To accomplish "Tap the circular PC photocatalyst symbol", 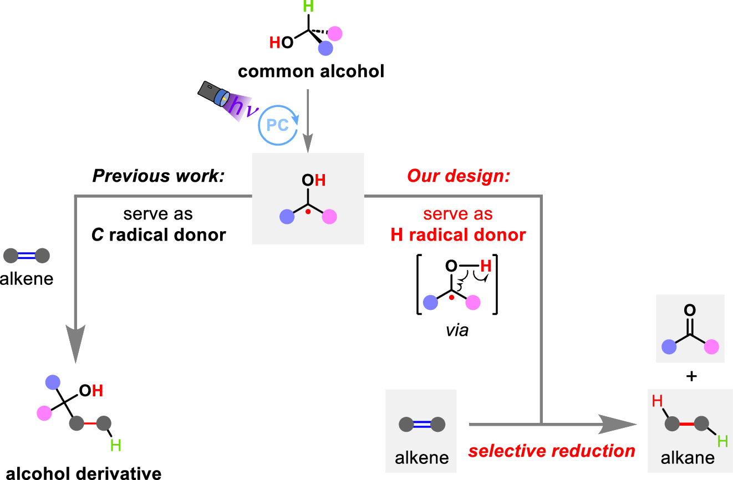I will coord(278,125).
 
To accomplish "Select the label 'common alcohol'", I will coord(311,72).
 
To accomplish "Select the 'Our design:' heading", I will coord(459,176).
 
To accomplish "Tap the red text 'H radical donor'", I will coord(458,234).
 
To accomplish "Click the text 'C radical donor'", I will coord(159,234).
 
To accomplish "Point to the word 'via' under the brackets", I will coord(457,331).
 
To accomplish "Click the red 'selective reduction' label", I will coord(552,451).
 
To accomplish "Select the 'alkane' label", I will coord(688,458).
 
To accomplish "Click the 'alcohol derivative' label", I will coord(80,473).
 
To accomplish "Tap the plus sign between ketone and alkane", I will coord(690,377).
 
